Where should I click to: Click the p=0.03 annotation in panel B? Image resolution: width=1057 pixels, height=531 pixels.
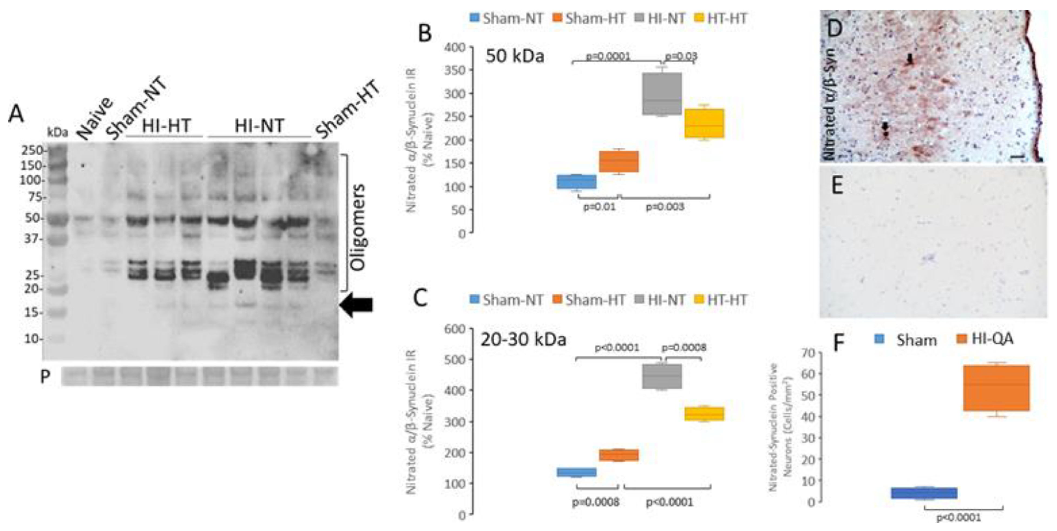[x=680, y=57]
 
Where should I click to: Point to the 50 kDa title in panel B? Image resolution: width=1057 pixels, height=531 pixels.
[x=515, y=56]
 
